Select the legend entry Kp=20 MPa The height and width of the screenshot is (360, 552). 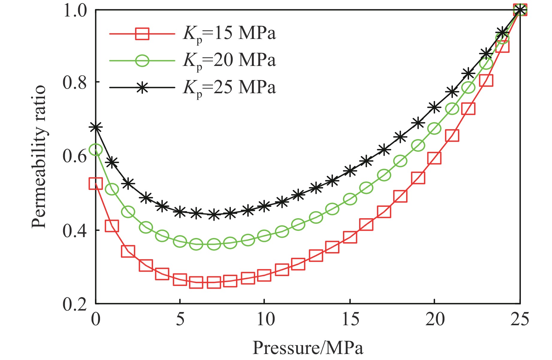(x=229, y=61)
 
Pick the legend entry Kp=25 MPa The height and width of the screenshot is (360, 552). (x=229, y=88)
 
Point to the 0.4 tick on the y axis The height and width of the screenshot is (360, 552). (x=75, y=230)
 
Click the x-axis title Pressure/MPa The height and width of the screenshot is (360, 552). (x=308, y=348)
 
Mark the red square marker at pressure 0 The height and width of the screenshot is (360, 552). (x=96, y=183)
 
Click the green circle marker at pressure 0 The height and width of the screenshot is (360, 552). (x=96, y=150)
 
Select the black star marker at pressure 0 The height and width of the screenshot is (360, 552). (x=96, y=127)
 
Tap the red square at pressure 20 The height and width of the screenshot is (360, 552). (x=434, y=158)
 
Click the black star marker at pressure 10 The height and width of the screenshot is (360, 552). (x=264, y=206)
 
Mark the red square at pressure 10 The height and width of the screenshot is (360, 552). (x=264, y=275)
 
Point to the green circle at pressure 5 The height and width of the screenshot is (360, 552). (x=180, y=241)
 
